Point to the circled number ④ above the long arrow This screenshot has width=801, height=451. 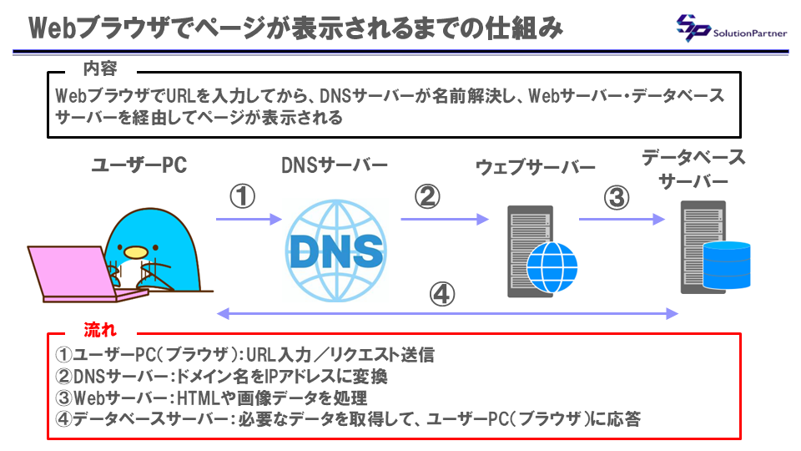[x=442, y=293]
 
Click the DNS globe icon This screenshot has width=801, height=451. [x=335, y=248]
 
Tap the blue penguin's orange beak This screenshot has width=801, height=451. [x=134, y=250]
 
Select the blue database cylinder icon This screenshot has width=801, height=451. [x=727, y=265]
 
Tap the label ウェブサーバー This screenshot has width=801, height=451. [x=536, y=167]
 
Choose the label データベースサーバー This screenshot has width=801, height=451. [x=693, y=170]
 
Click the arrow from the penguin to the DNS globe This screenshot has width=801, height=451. [x=249, y=220]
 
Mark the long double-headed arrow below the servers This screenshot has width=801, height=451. [x=446, y=313]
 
